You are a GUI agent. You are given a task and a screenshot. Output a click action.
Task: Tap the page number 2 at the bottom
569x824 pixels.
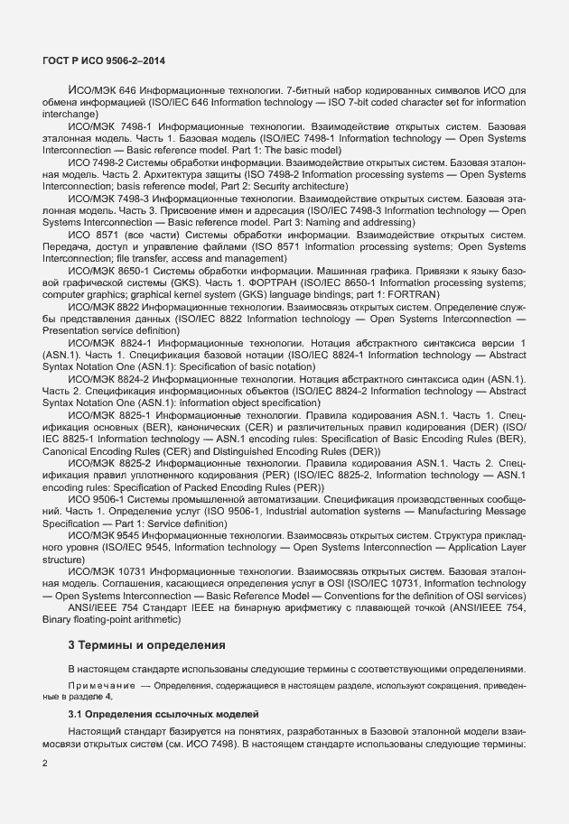point(45,763)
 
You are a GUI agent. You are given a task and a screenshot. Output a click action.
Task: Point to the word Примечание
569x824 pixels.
point(98,687)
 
